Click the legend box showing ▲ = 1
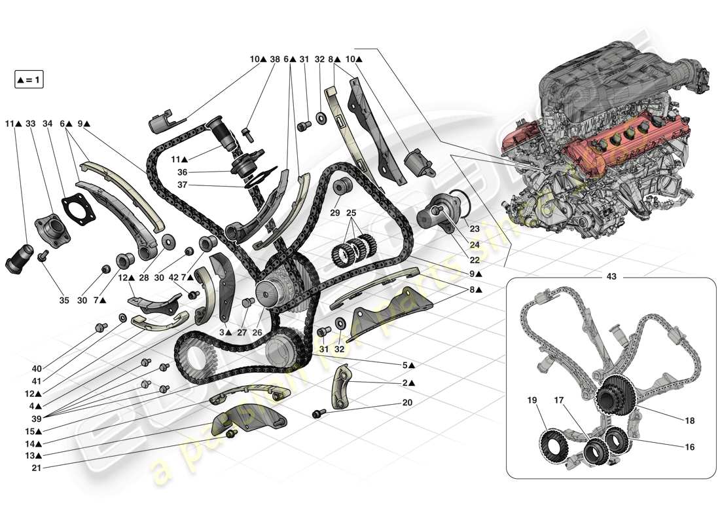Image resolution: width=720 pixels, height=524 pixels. pyautogui.click(x=28, y=80)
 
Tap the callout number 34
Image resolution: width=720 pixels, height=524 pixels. pyautogui.click(x=47, y=123)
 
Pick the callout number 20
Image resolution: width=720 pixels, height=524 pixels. pyautogui.click(x=408, y=403)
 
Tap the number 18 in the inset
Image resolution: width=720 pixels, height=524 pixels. pyautogui.click(x=689, y=421)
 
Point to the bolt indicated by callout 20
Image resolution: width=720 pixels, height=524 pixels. pyautogui.click(x=318, y=413)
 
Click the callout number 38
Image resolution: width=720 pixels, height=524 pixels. pyautogui.click(x=274, y=59)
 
